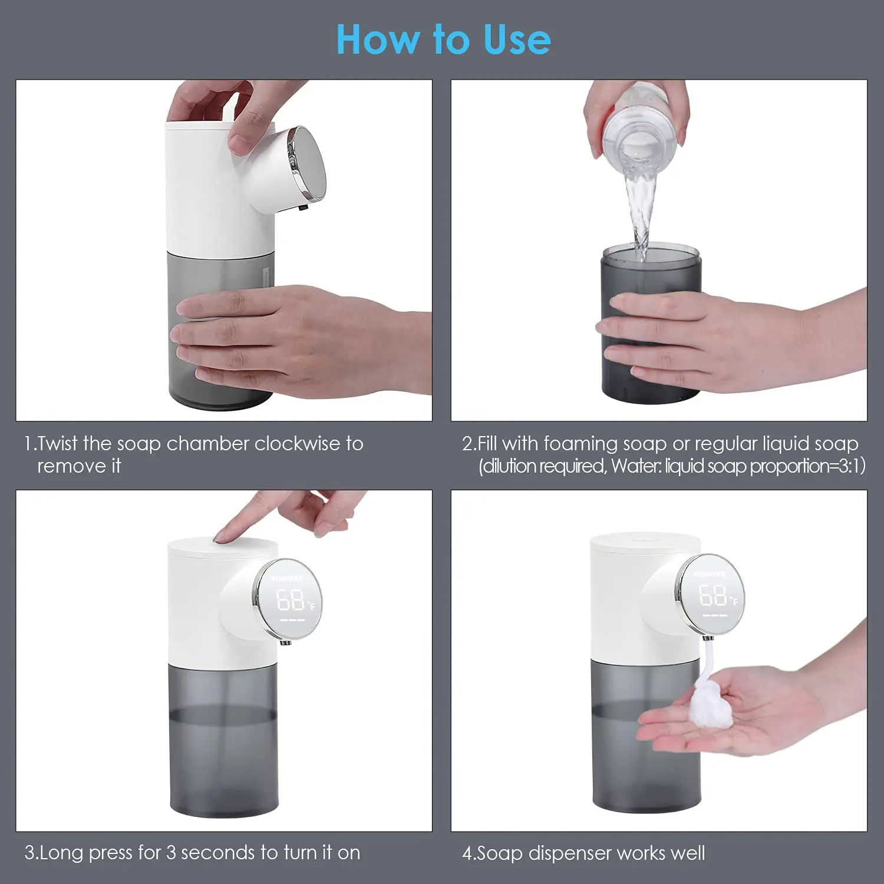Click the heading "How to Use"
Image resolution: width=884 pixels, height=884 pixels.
tap(443, 39)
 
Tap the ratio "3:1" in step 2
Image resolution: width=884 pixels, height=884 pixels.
tap(847, 466)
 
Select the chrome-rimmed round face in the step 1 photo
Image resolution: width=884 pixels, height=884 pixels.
tap(307, 162)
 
